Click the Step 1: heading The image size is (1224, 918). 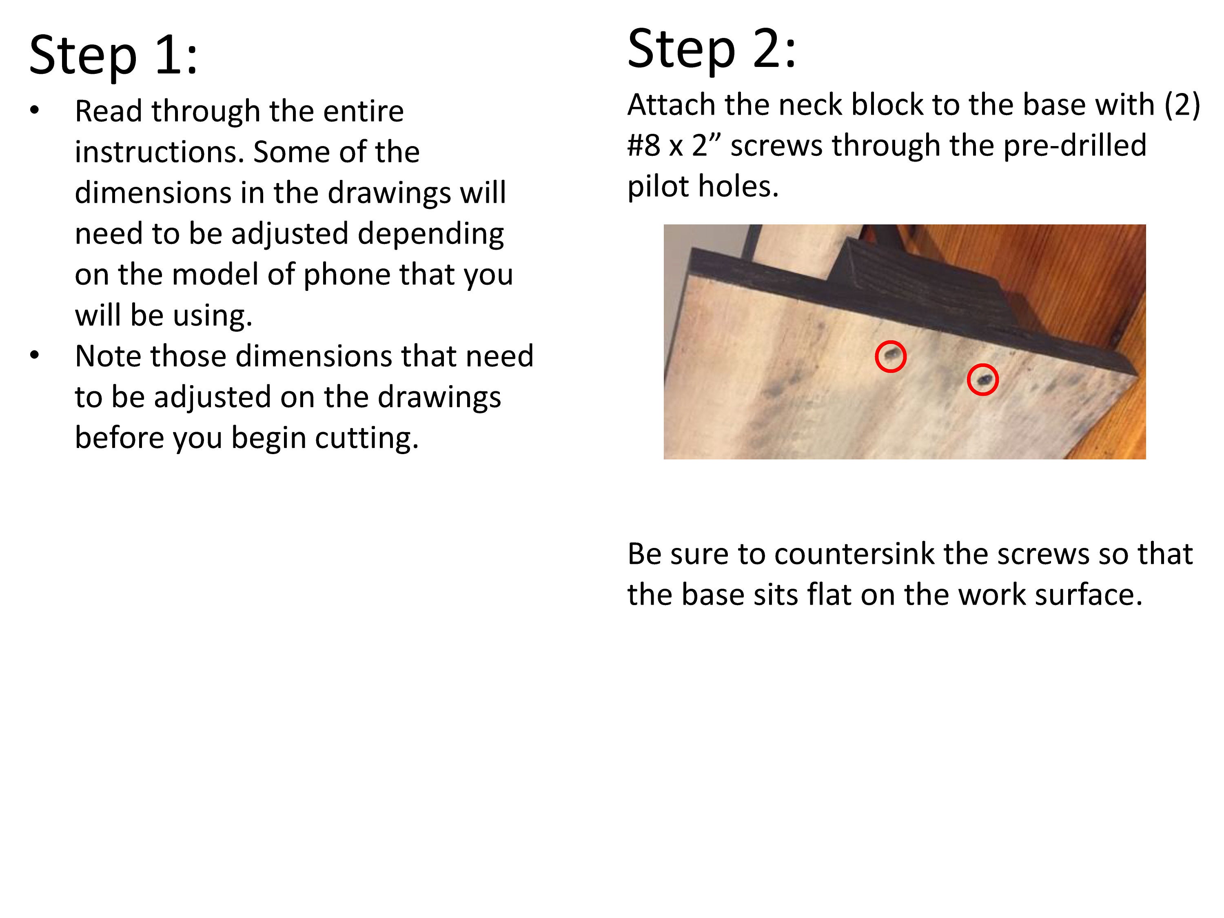[x=113, y=55]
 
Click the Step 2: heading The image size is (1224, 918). [x=711, y=49]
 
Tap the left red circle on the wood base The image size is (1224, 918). [x=890, y=356]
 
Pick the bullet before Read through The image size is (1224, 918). [x=35, y=111]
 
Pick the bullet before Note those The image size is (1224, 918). [x=35, y=356]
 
